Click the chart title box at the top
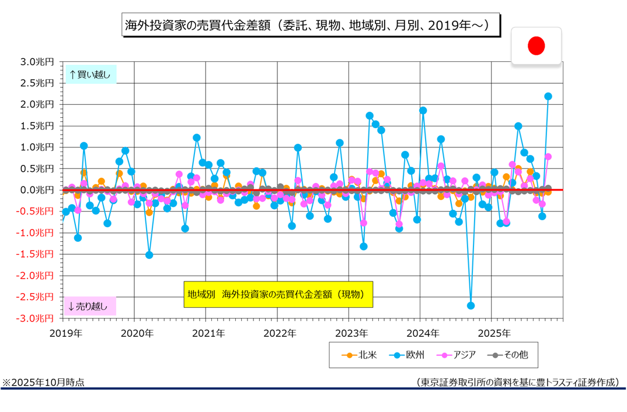click(x=312, y=26)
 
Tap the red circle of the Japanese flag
click(x=536, y=45)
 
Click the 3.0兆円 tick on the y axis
click(x=37, y=62)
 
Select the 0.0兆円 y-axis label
click(x=37, y=190)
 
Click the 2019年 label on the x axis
click(x=65, y=333)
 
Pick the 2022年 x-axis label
click(x=280, y=333)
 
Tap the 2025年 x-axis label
click(x=494, y=333)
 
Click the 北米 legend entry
click(x=358, y=354)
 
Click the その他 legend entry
click(x=504, y=354)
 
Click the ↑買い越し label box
click(x=90, y=74)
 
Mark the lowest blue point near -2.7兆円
click(x=471, y=305)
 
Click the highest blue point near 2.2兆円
click(x=548, y=96)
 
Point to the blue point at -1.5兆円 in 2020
click(x=149, y=255)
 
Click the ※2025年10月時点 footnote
click(x=43, y=382)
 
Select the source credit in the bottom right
click(x=517, y=382)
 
